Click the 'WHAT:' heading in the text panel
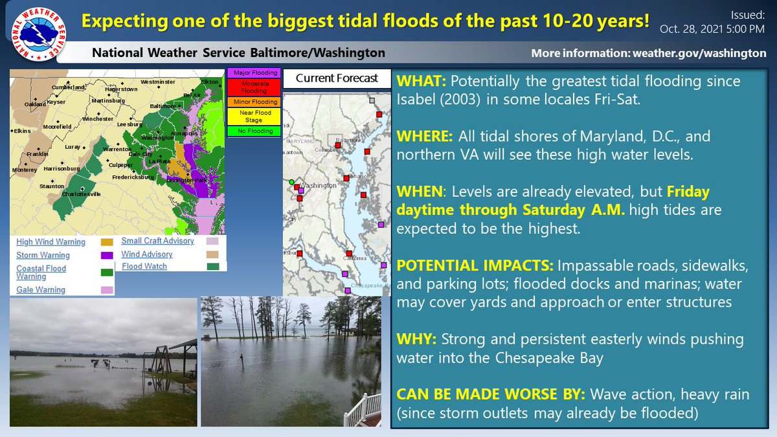pos(421,82)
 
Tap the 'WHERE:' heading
pos(425,137)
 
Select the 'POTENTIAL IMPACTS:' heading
pos(475,266)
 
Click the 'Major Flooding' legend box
pos(254,73)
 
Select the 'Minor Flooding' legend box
pos(254,102)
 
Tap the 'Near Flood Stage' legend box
pos(254,117)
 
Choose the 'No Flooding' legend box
pos(254,131)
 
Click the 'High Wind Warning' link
pos(51,242)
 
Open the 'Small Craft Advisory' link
pos(157,241)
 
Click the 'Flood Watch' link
pos(144,266)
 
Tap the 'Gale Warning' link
pos(41,290)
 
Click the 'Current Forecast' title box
pos(337,78)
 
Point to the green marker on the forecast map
pos(291,182)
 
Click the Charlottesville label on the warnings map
pos(82,194)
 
